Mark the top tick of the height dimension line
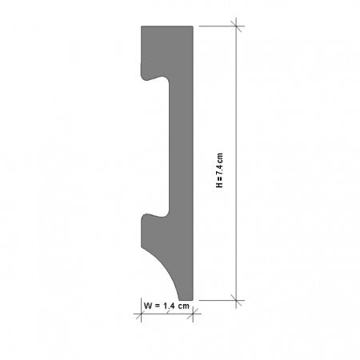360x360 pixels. click(238, 26)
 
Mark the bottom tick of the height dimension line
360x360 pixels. click(238, 300)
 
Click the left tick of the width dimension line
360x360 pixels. click(142, 314)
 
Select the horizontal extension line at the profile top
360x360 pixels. click(216, 26)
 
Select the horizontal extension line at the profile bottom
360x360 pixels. click(216, 300)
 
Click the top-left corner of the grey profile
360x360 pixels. click(142, 27)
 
